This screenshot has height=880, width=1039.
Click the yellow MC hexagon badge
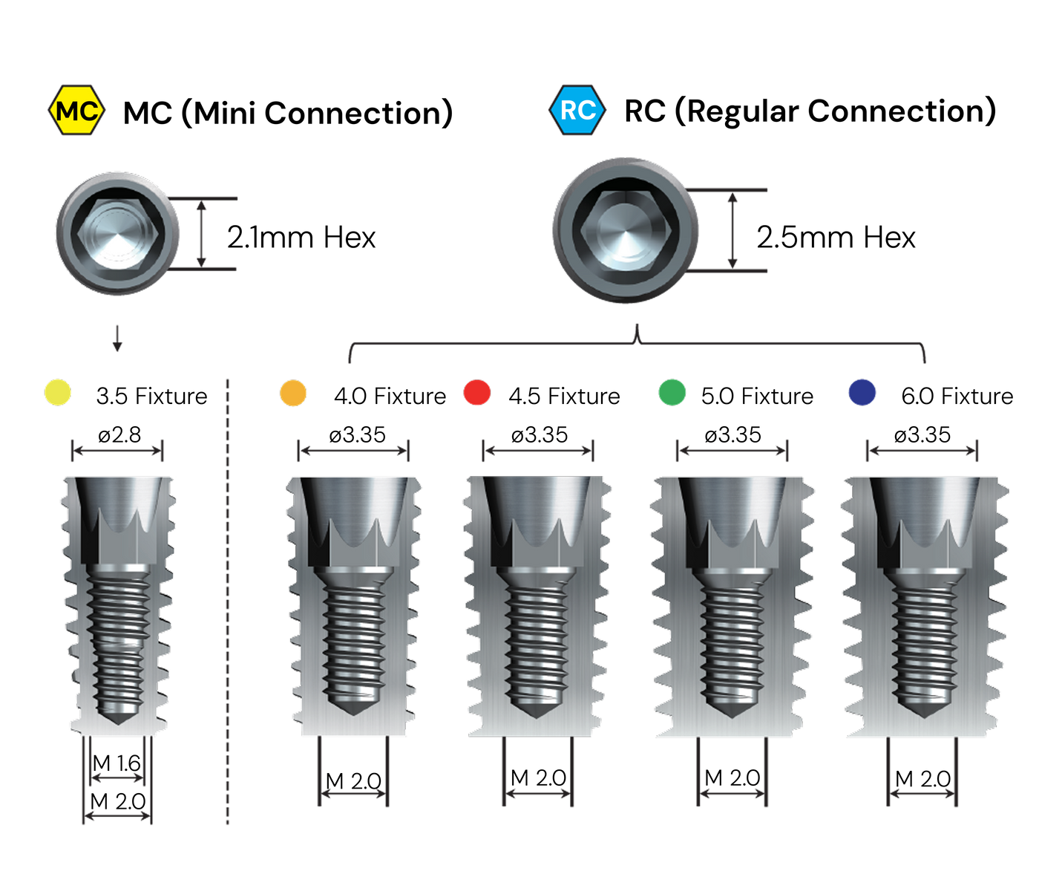click(x=76, y=110)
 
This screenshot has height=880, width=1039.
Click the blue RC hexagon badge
click(x=577, y=110)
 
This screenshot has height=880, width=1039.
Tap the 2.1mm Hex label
click(x=301, y=238)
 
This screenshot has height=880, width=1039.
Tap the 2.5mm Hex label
click(x=836, y=238)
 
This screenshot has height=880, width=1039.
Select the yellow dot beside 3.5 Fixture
click(x=58, y=393)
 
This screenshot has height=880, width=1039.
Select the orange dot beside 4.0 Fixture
click(x=293, y=393)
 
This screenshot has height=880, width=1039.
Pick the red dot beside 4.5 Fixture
click(x=477, y=393)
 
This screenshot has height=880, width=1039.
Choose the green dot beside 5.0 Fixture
click(x=672, y=393)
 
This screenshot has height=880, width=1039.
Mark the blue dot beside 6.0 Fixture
click(x=862, y=393)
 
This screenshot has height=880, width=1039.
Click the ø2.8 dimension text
click(x=119, y=435)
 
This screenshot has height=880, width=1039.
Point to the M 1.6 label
click(x=117, y=763)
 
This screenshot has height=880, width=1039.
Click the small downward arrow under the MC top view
click(x=117, y=339)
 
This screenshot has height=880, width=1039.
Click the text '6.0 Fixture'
click(x=957, y=397)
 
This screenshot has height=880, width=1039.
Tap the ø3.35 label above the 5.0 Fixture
click(x=733, y=435)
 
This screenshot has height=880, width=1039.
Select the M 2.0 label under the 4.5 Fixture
click(x=538, y=778)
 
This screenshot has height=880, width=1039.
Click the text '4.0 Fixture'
click(x=390, y=397)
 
